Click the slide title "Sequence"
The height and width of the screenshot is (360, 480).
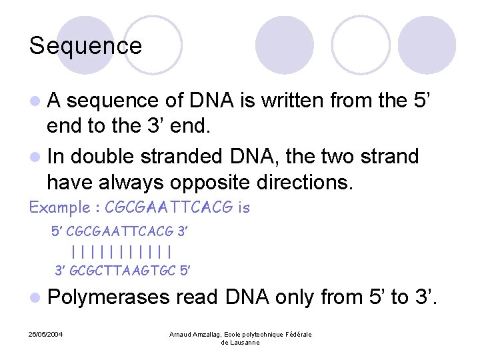point(85,46)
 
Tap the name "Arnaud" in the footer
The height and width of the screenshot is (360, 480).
point(181,334)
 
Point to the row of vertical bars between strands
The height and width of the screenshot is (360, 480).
point(121,252)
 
